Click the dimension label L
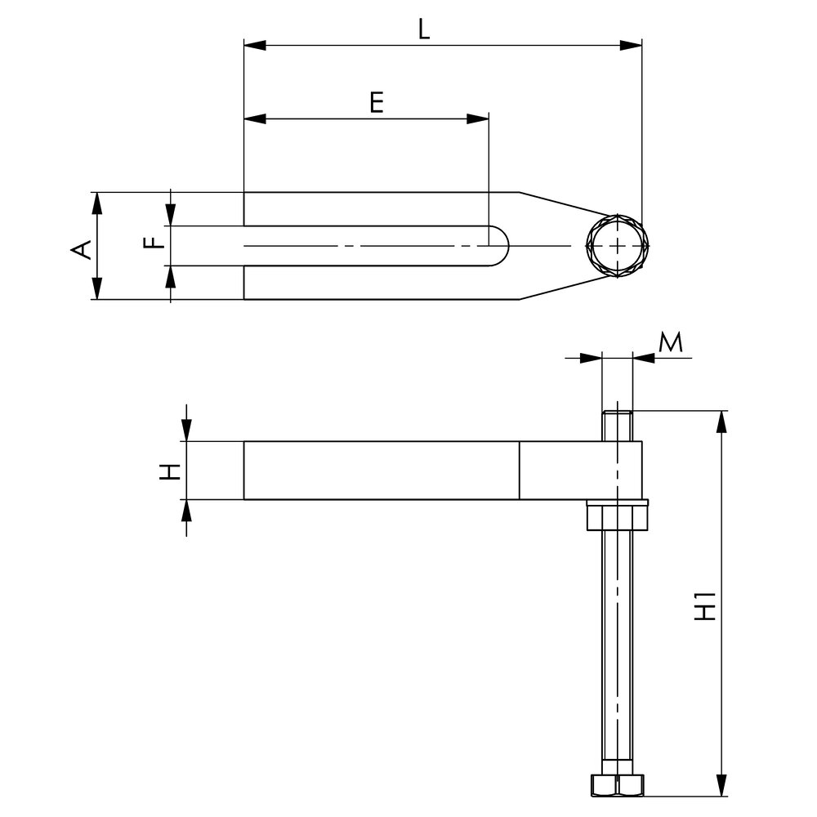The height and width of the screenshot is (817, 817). [x=422, y=29]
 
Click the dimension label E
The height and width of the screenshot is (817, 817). [x=375, y=103]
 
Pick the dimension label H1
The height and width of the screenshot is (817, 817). [x=704, y=605]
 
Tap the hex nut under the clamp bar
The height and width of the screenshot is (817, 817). [x=618, y=517]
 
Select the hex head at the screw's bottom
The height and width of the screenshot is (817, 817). [x=617, y=784]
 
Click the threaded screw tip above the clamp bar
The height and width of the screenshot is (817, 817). [x=618, y=425]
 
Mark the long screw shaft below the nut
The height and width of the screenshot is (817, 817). [x=618, y=645]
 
